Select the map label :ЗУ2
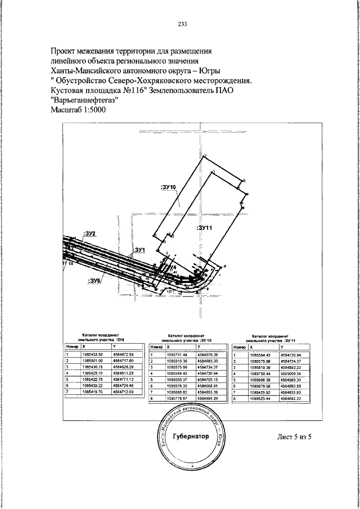(x=90, y=233)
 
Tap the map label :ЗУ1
(x=139, y=249)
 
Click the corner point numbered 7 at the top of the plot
(x=206, y=156)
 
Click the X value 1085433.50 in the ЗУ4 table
(x=92, y=354)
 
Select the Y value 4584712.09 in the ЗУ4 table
(x=124, y=391)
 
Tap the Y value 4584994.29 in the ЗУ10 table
(x=208, y=398)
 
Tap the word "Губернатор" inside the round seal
(x=182, y=436)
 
